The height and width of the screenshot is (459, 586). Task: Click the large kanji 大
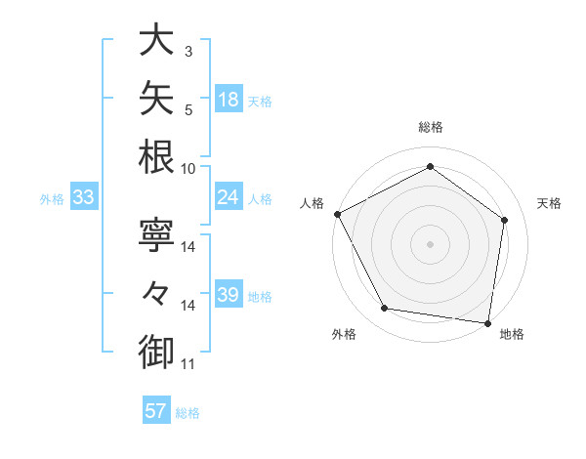(156, 39)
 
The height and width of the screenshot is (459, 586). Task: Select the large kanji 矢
(156, 98)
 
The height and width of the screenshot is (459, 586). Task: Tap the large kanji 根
(156, 156)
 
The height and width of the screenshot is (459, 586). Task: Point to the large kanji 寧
(156, 234)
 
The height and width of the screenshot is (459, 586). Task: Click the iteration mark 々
(156, 293)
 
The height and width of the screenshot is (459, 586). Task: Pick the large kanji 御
(156, 352)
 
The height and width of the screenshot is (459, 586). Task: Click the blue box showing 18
(229, 99)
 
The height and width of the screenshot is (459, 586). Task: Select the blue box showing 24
(229, 196)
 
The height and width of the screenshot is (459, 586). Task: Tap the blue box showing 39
(229, 293)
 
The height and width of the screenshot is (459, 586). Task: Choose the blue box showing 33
(84, 196)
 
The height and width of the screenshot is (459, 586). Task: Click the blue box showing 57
(156, 409)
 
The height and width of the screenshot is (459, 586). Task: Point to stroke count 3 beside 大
(188, 51)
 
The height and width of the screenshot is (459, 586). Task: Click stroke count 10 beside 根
(188, 169)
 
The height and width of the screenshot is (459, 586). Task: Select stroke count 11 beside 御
(188, 364)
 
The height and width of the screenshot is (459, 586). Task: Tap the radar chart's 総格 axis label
(431, 127)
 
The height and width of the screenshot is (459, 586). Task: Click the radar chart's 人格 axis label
(312, 203)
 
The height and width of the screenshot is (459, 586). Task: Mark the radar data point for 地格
(487, 323)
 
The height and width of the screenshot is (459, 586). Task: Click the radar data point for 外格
(384, 308)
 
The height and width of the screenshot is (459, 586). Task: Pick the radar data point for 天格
(504, 220)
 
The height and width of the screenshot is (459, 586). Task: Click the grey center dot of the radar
(430, 244)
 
